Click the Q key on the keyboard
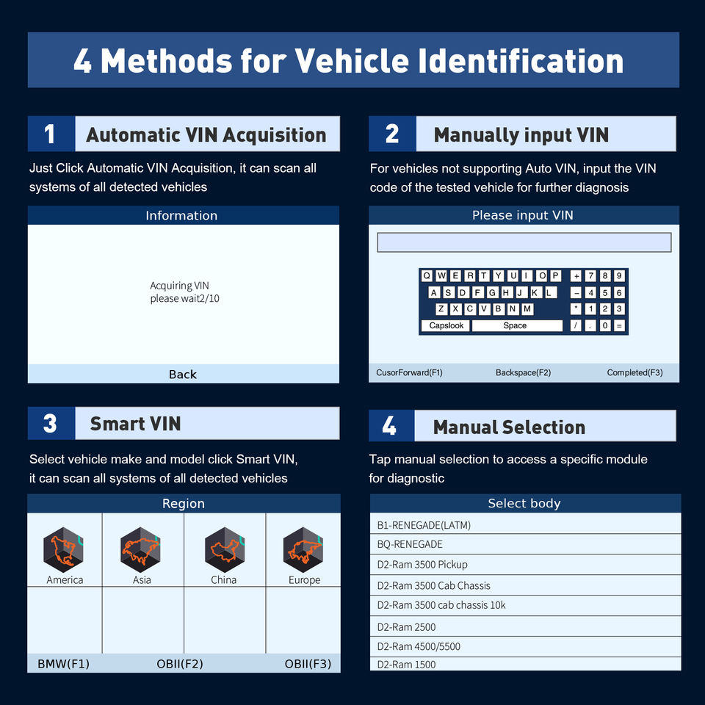point(427,275)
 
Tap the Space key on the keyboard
point(517,325)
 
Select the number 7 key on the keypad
point(590,275)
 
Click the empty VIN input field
point(524,242)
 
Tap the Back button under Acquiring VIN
point(183,374)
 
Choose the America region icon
point(63,549)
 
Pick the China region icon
point(225,549)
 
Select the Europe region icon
point(303,549)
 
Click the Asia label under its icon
point(142,580)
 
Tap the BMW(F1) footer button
point(63,664)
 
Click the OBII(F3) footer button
point(308,664)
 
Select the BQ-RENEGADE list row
point(525,544)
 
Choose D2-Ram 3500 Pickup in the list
point(525,564)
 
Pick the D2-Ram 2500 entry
point(525,626)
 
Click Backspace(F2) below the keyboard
point(524,372)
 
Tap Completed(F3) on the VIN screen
point(634,372)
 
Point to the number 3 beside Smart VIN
point(50,424)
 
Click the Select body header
point(524,503)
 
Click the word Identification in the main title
point(521,60)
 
